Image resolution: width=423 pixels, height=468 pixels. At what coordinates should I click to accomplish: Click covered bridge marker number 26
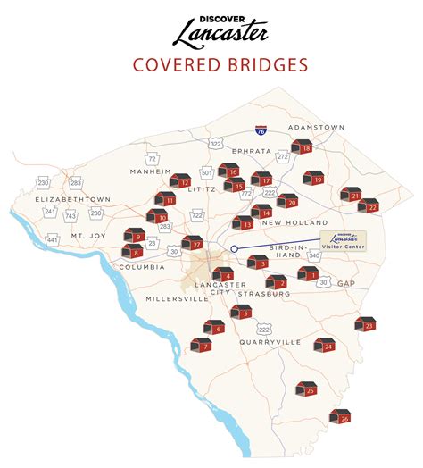coord(340,416)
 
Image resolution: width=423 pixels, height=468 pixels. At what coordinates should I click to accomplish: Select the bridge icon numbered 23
coord(365,324)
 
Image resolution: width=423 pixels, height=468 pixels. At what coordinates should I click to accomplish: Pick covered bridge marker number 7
coord(202,345)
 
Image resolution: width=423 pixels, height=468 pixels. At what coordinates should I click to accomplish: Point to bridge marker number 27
coord(192,242)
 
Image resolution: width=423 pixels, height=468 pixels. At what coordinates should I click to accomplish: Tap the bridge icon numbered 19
coord(313,179)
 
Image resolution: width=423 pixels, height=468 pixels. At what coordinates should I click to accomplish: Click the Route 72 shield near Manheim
coord(153,158)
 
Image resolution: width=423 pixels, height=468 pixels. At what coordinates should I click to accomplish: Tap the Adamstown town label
coord(316,128)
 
